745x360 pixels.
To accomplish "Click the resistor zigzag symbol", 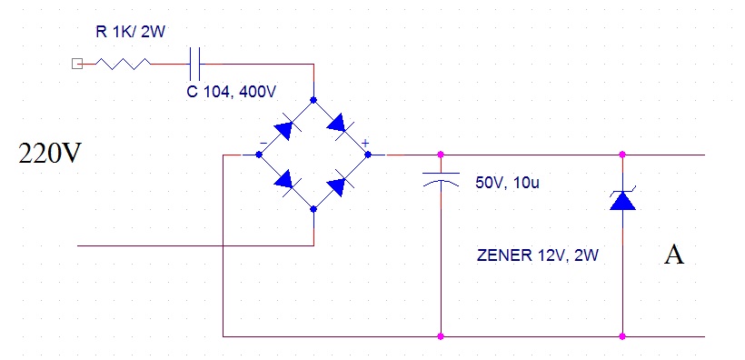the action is point(123,64).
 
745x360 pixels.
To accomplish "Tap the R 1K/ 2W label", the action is point(130,33).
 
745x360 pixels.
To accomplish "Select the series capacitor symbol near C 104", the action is point(194,64).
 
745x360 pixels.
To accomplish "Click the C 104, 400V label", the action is point(231,92).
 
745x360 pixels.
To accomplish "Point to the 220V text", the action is point(50,154).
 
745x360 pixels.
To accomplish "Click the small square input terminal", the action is point(76,64).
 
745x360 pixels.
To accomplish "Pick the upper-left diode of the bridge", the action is point(284,128).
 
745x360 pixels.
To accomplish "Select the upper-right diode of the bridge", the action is point(339,125).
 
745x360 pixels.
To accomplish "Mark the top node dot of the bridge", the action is point(313,100).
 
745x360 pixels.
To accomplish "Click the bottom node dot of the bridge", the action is point(313,209).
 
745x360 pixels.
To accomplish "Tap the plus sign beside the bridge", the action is point(365,143).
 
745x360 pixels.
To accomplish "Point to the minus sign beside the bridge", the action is point(263,142).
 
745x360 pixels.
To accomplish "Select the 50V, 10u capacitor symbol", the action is point(441,179).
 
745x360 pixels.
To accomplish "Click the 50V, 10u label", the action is point(507,183).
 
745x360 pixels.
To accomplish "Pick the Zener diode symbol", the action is point(622,199).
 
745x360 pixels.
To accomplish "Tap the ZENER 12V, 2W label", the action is point(537,255).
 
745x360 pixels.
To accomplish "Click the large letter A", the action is point(674,255).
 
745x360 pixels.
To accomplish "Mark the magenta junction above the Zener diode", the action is point(622,155).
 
